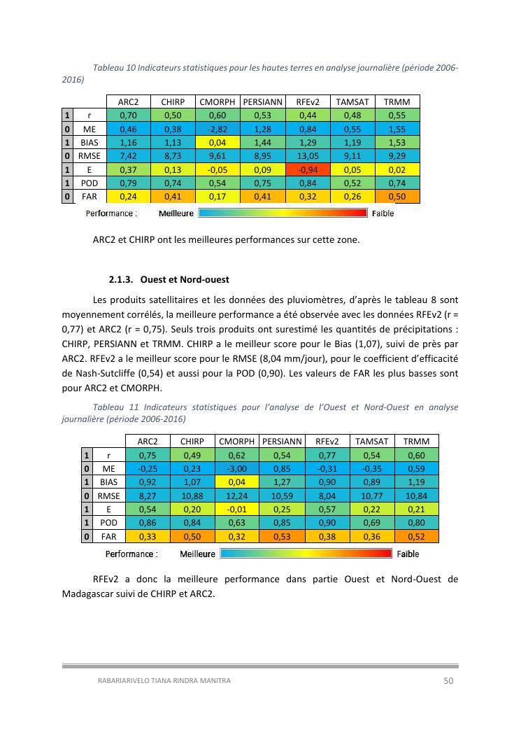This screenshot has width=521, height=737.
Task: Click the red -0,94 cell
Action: [308, 170]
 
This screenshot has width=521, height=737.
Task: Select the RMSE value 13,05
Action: [308, 156]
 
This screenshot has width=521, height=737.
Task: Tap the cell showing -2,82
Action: [217, 129]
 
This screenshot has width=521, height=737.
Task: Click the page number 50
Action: [450, 680]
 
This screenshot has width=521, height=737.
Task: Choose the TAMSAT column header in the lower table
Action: [372, 442]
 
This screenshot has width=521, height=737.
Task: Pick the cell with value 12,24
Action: [237, 496]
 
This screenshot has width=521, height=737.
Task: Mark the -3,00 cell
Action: [237, 469]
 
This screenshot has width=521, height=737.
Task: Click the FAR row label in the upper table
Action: [90, 197]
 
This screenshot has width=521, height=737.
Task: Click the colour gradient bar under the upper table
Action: [283, 213]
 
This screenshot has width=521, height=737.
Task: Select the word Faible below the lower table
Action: [408, 554]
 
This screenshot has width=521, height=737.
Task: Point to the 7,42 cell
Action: [128, 156]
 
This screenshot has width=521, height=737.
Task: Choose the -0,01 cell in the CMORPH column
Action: [237, 510]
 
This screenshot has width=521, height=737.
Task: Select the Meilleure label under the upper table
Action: [176, 213]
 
